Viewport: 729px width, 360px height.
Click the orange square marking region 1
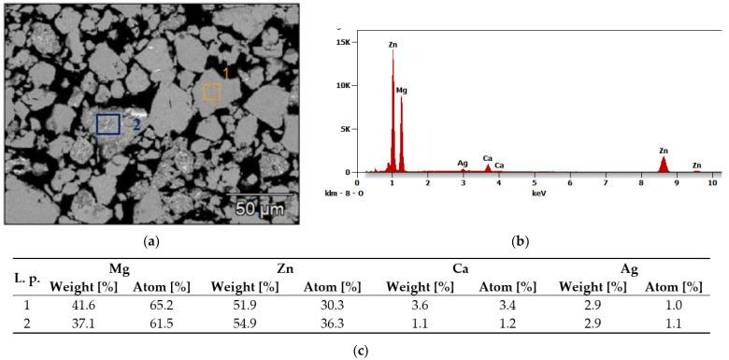[212, 91]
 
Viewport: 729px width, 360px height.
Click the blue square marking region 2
[108, 124]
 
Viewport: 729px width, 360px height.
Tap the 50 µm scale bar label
[258, 208]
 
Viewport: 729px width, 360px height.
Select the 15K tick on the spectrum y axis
[342, 42]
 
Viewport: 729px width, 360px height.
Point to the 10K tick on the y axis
[342, 85]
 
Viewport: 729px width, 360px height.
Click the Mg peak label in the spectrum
[402, 91]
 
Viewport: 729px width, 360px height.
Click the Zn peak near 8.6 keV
[664, 162]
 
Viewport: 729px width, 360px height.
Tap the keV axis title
[538, 193]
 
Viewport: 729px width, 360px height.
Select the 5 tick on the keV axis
[535, 182]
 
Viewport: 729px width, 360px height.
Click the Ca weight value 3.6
[420, 305]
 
